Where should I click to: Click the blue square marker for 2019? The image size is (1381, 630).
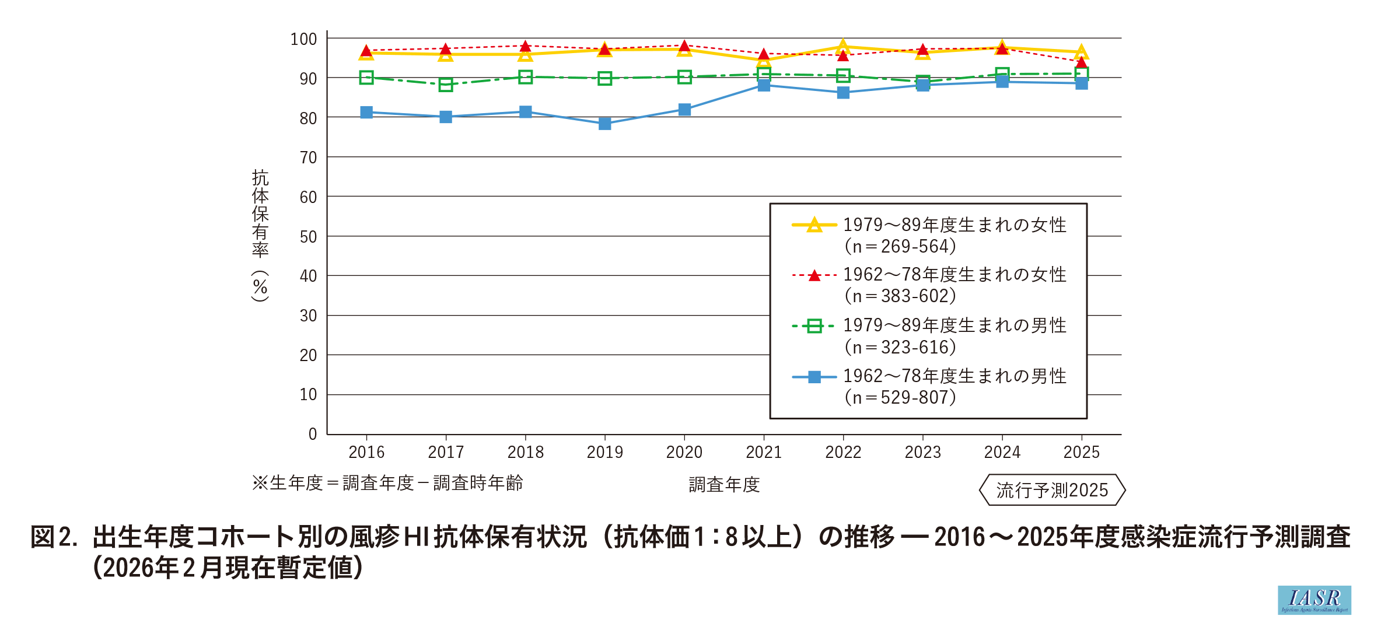point(604,124)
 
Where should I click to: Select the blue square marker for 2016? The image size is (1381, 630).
point(366,112)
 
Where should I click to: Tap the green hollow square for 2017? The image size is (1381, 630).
point(446,85)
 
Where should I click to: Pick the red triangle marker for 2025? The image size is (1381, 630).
point(1081,62)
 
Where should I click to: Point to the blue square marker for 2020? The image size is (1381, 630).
point(684,110)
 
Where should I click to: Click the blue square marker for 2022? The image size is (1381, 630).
point(843,93)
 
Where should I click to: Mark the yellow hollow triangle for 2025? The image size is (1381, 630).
point(1081,52)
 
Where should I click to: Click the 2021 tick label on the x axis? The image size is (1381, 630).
point(764,452)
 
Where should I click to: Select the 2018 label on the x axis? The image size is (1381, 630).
point(525,452)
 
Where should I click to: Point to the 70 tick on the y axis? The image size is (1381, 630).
point(308,157)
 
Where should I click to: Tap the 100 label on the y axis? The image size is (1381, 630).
point(303,39)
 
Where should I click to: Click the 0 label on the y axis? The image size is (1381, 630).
point(313,434)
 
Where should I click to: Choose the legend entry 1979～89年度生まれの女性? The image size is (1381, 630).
point(955,225)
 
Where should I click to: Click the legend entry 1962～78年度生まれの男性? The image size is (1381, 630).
point(955,376)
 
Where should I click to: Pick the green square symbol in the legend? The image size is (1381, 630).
point(814,326)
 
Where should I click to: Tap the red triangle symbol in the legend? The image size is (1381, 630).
point(814,275)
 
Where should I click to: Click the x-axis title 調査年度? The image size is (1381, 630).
point(724,485)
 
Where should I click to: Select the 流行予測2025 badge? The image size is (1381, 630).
point(1052,490)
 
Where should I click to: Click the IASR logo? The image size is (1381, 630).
point(1314,600)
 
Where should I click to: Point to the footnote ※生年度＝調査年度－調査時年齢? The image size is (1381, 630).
point(387,483)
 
